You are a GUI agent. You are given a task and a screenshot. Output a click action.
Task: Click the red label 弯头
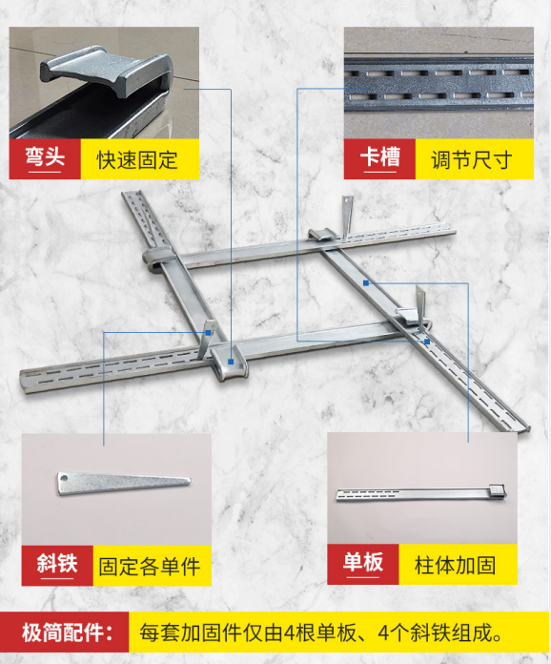pyautogui.click(x=45, y=157)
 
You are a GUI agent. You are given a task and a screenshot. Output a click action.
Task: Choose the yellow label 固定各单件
pyautogui.click(x=151, y=564)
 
